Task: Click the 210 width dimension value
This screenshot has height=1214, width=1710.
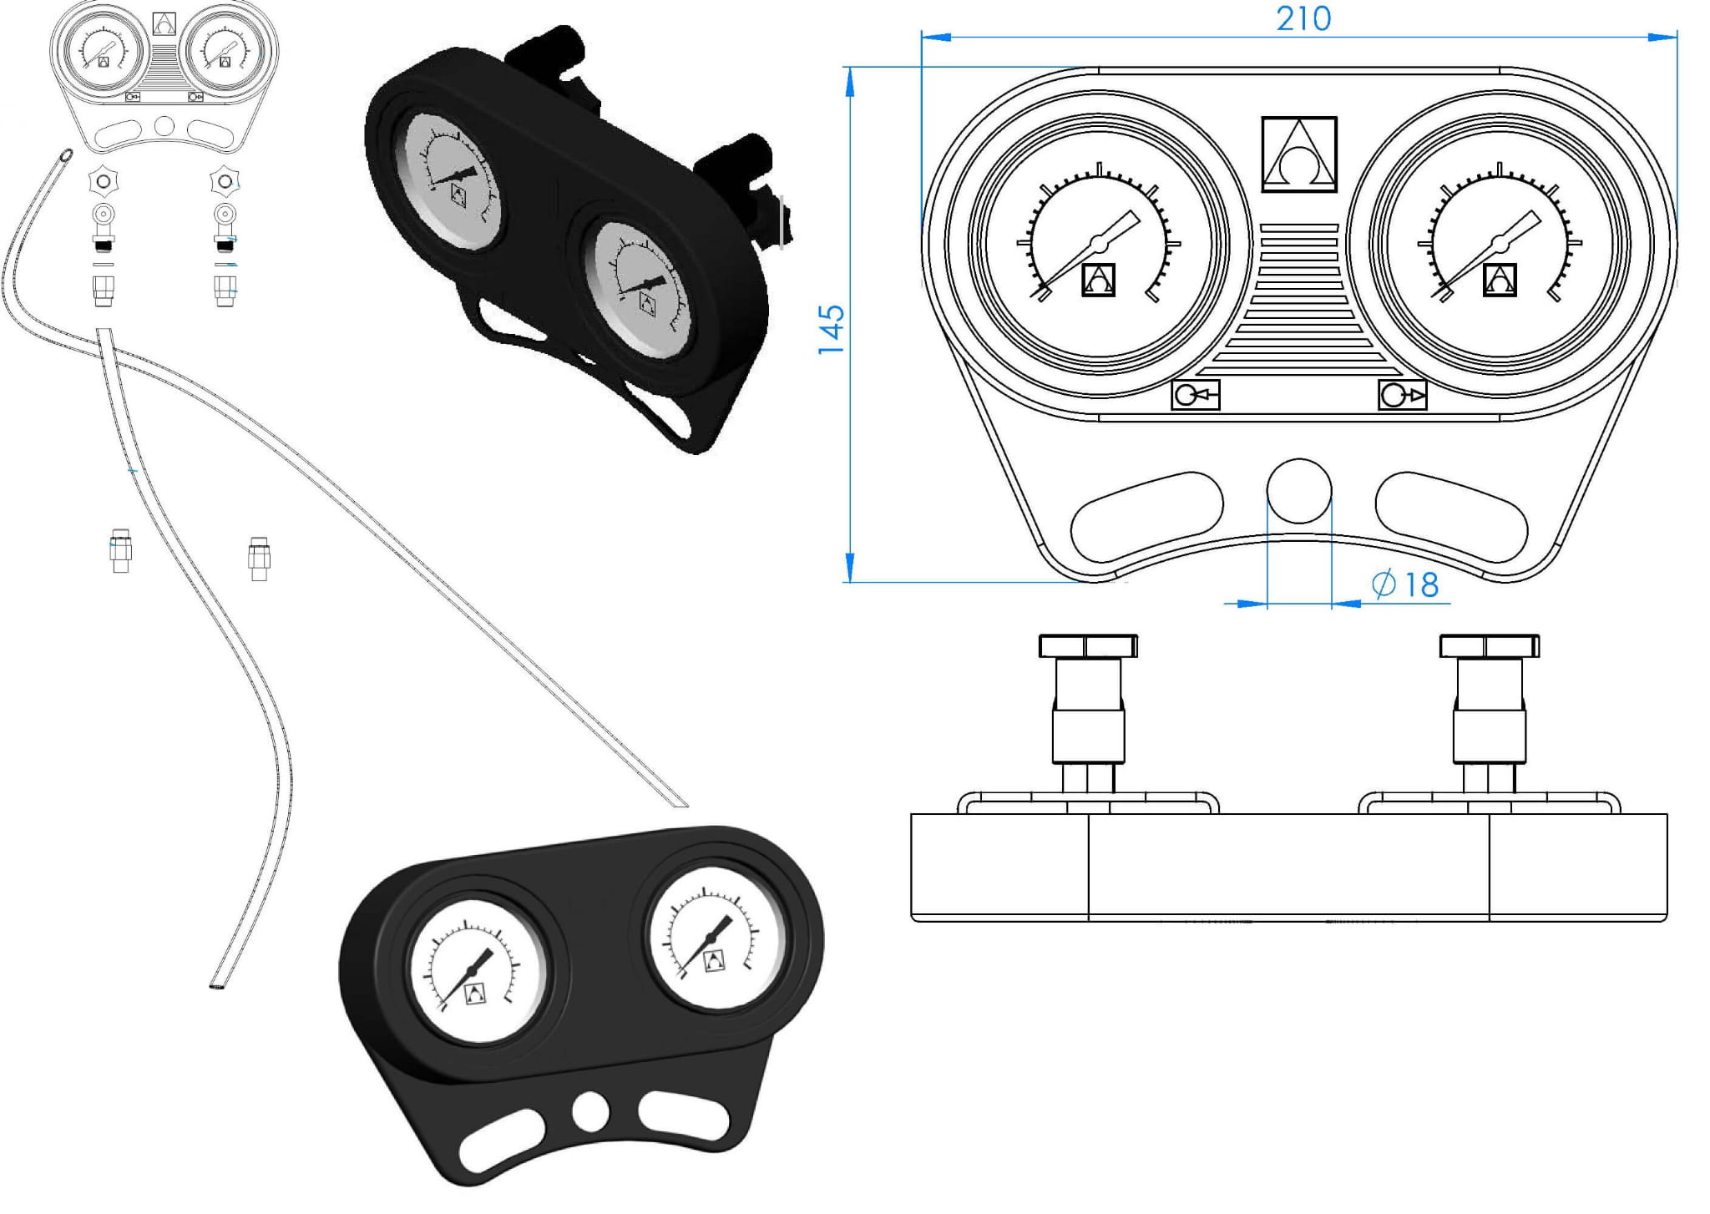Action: coord(1303,18)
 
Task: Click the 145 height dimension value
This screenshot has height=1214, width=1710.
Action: coord(831,329)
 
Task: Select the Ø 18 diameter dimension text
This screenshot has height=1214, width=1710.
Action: coord(1407,584)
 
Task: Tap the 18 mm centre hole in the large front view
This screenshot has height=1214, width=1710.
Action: coord(1298,491)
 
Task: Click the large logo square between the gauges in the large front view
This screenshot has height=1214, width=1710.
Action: coord(1298,154)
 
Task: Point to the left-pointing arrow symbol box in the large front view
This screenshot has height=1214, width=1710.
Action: coord(1196,395)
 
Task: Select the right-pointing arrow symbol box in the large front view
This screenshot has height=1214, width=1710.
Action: coord(1402,395)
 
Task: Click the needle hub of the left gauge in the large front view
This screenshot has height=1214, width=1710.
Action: coord(1097,243)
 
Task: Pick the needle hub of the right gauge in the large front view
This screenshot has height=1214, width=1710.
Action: coord(1500,243)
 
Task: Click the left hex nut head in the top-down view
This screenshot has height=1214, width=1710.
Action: coord(1088,646)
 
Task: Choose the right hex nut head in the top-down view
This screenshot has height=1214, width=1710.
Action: coord(1489,646)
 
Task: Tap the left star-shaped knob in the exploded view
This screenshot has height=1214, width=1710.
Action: coord(104,180)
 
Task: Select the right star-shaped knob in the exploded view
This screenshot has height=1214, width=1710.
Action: coord(225,180)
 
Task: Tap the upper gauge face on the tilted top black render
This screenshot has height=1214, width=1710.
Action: coord(452,178)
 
